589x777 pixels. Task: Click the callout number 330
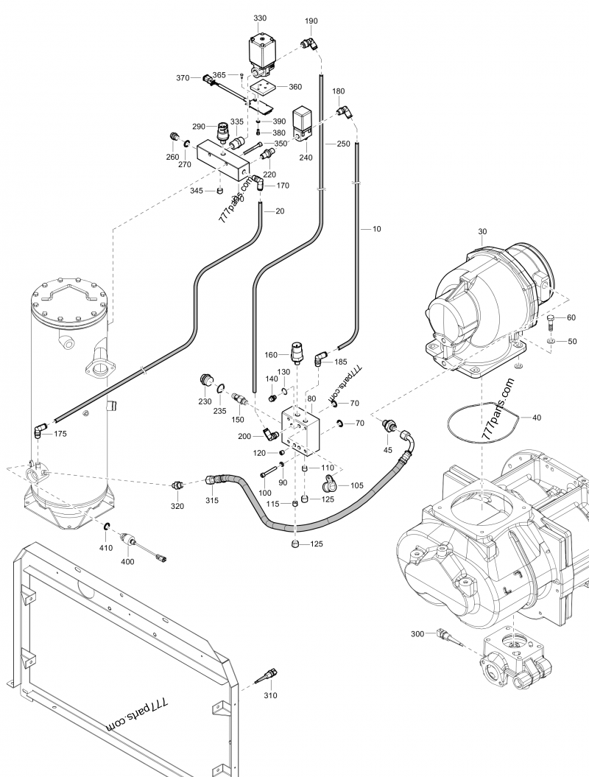click(260, 18)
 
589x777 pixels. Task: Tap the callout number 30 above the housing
click(482, 232)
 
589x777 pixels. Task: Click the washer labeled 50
click(551, 342)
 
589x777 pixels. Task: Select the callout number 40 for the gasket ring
click(536, 418)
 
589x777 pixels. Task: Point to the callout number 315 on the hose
click(212, 501)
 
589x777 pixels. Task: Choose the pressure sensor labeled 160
click(296, 354)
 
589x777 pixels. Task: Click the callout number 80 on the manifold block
click(311, 398)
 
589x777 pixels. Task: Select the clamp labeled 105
click(328, 485)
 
